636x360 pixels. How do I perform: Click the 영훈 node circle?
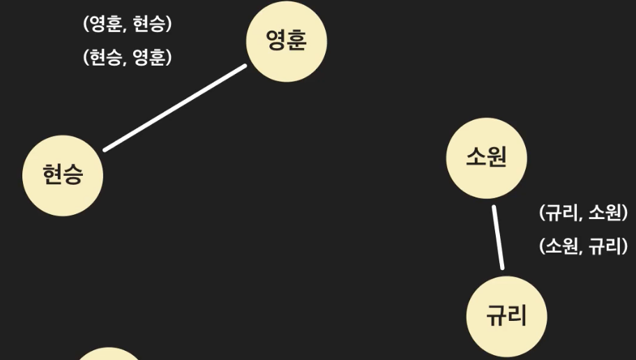click(287, 41)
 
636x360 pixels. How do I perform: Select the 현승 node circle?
click(63, 175)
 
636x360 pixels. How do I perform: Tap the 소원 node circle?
click(486, 158)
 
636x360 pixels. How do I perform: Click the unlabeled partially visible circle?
click(107, 355)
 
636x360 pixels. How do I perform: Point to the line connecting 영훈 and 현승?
click(175, 107)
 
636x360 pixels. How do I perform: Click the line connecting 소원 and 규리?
click(497, 237)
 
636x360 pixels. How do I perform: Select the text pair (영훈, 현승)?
click(127, 24)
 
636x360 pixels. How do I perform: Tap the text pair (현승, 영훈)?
click(127, 58)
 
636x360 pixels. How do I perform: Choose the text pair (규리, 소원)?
click(584, 213)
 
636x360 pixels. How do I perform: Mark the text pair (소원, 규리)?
click(584, 246)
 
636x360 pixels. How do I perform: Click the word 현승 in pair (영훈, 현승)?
click(149, 24)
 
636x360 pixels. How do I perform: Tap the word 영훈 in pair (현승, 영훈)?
click(149, 58)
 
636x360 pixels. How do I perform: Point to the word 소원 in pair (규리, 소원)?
click(604, 213)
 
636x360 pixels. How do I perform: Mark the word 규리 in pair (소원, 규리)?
click(604, 246)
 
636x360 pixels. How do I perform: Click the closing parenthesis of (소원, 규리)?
click(624, 246)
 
